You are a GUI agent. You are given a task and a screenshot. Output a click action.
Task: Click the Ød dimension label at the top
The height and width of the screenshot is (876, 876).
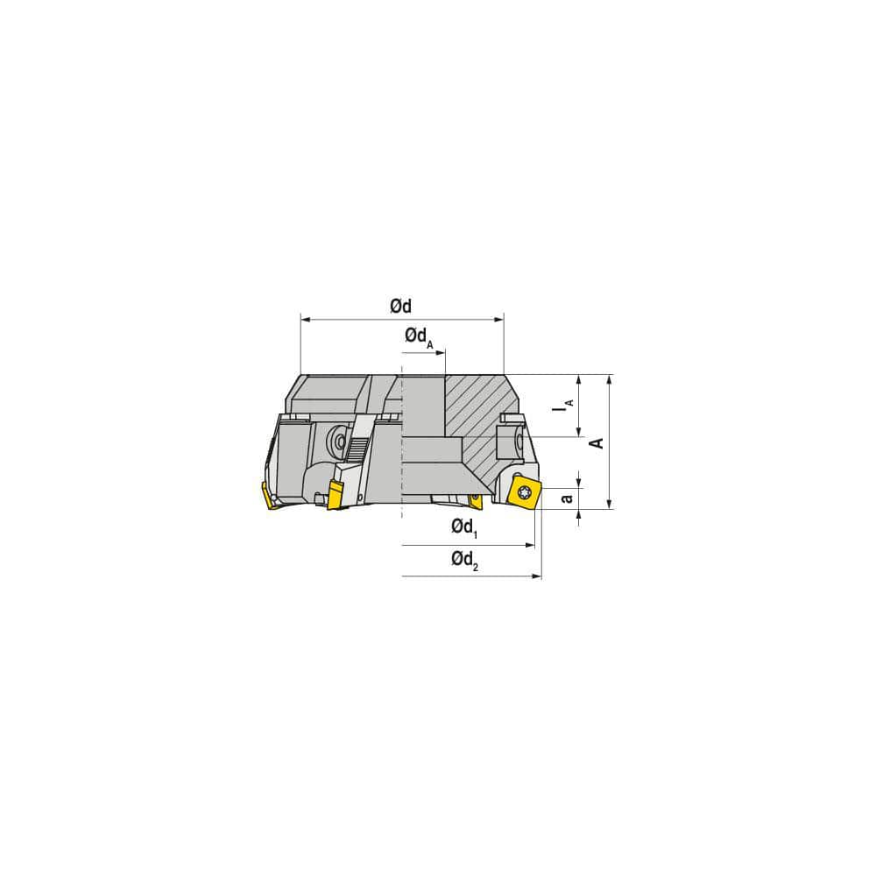[x=400, y=306]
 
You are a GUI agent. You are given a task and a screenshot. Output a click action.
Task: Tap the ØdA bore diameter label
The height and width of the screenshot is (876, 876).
[x=419, y=337]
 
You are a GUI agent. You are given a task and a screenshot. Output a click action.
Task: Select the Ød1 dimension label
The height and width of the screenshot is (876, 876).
[x=463, y=527]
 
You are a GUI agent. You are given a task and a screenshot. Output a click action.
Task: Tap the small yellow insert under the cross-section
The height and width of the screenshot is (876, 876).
[x=476, y=500]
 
